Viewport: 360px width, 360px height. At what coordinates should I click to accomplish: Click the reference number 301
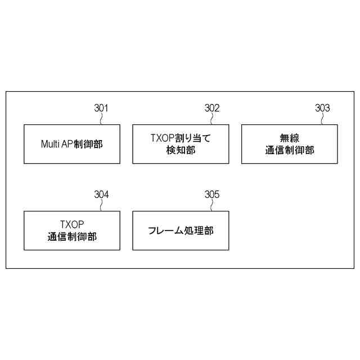pyautogui.click(x=101, y=108)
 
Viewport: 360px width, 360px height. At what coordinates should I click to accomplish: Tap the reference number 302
pyautogui.click(x=212, y=108)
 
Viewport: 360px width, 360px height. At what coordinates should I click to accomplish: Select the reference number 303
pyautogui.click(x=322, y=108)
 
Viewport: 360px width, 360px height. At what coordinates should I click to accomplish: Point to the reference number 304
pyautogui.click(x=101, y=195)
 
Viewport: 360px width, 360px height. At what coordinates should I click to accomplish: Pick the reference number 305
pyautogui.click(x=212, y=195)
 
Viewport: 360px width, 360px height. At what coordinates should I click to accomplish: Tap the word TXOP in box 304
pyautogui.click(x=71, y=224)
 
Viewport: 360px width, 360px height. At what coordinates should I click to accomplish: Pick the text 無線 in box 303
pyautogui.click(x=290, y=138)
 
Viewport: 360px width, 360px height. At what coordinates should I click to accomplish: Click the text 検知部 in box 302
pyautogui.click(x=181, y=150)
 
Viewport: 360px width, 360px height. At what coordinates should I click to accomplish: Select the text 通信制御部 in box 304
pyautogui.click(x=72, y=237)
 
